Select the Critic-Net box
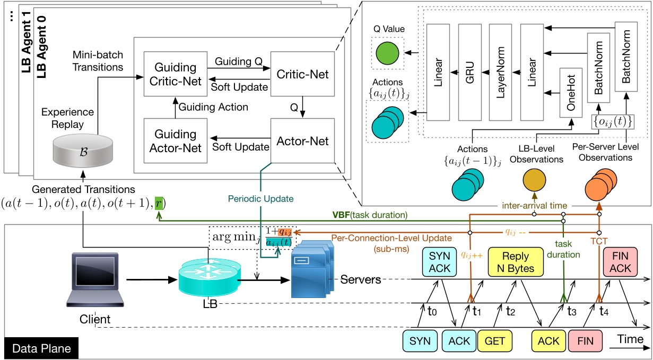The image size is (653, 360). tap(302, 74)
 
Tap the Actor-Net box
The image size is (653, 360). tap(302, 141)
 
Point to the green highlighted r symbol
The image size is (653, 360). tap(159, 203)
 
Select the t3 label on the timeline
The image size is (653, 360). tap(571, 311)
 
